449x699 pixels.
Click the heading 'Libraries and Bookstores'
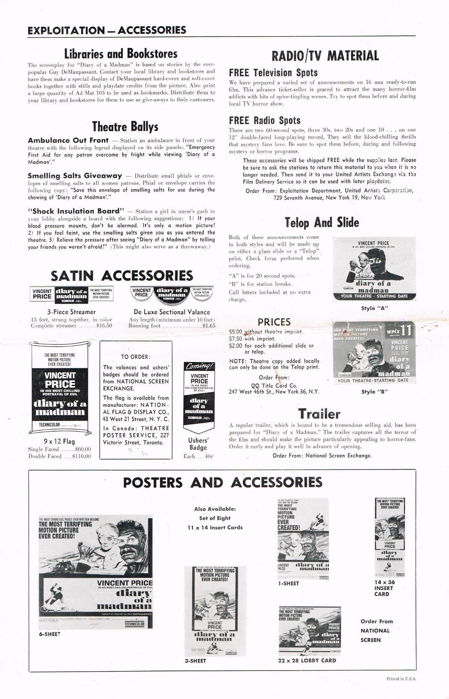[x=121, y=54]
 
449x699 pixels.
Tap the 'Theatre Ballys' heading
[x=125, y=127]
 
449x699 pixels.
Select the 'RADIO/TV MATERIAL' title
[x=325, y=56]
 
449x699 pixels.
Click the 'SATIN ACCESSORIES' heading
[x=122, y=276]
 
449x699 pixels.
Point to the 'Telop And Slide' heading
[x=322, y=223]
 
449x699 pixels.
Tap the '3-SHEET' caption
[x=195, y=661]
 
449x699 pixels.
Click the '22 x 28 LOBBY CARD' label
[x=307, y=660]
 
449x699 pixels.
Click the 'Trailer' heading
[x=319, y=414]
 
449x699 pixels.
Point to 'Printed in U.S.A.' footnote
[x=401, y=679]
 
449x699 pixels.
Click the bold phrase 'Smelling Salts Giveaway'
[x=75, y=176]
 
